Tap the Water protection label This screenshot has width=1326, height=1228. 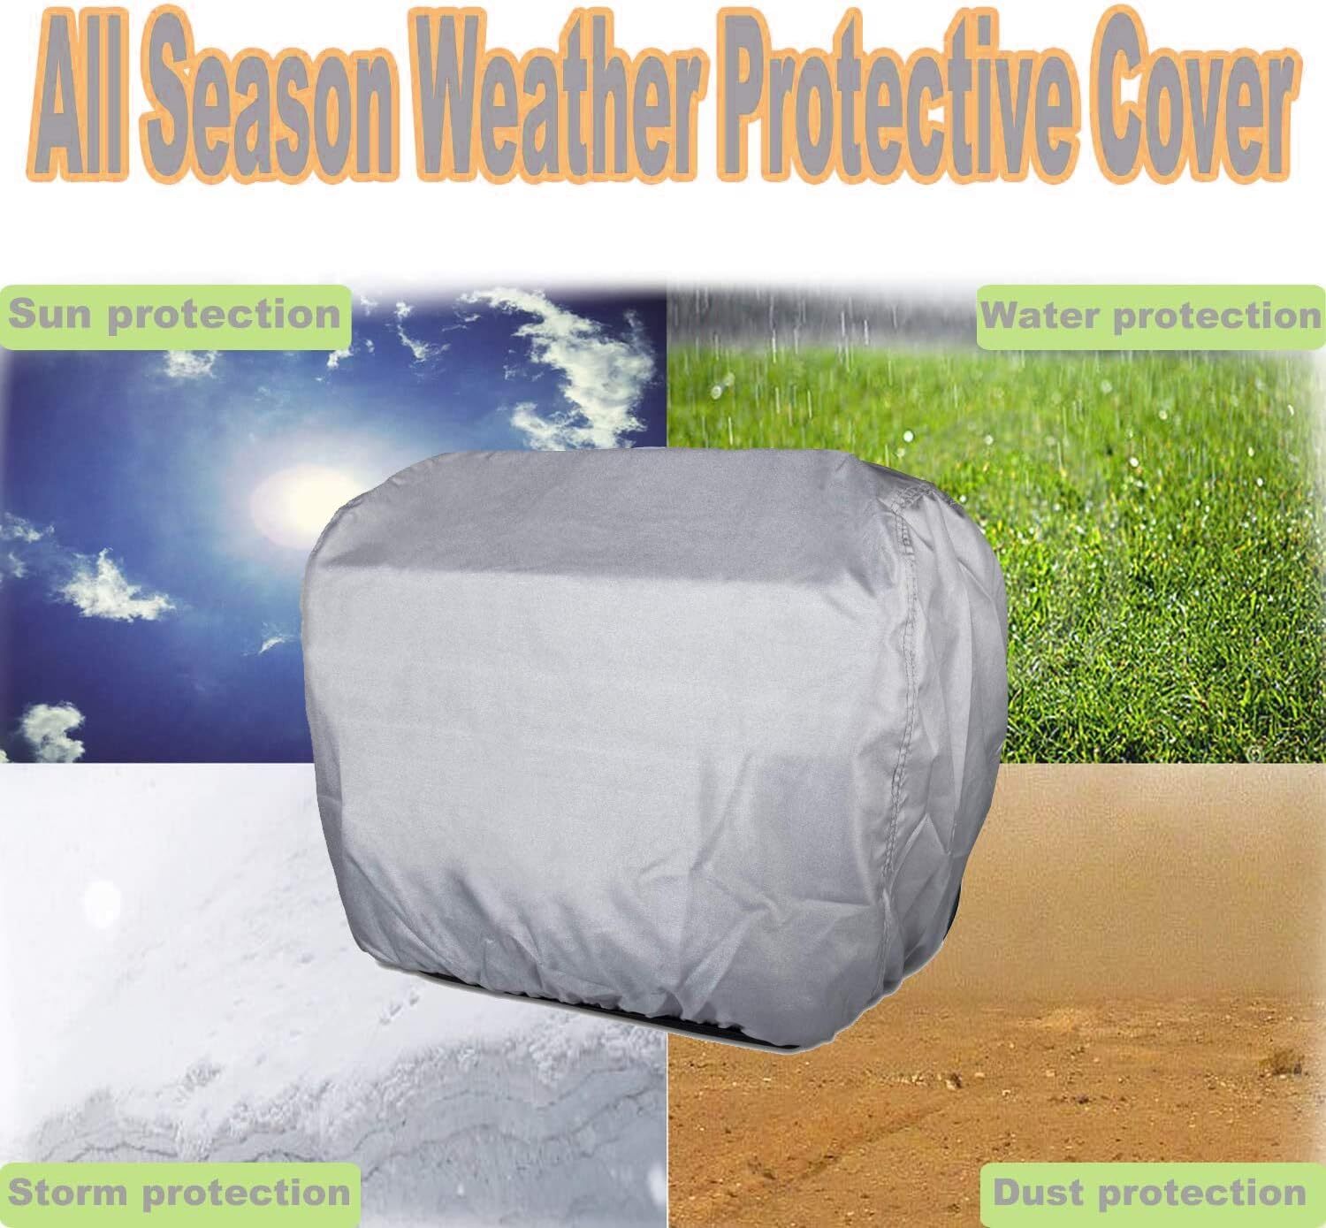[1150, 316]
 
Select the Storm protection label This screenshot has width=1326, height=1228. [179, 1194]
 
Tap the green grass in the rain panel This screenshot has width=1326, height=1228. [1149, 575]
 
